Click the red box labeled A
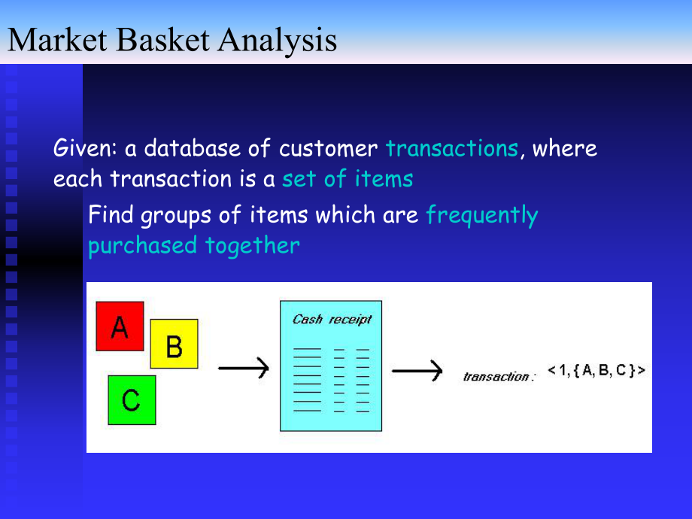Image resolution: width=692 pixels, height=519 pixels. [x=120, y=326]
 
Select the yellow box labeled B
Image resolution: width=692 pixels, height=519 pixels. [x=174, y=344]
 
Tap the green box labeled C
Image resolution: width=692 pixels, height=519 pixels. [x=132, y=400]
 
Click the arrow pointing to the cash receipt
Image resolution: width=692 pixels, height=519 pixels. [x=244, y=368]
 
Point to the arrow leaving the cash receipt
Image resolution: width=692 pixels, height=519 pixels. [x=417, y=371]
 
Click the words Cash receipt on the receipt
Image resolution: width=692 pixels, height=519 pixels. [x=332, y=319]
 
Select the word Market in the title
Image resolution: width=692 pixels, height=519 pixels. [x=57, y=40]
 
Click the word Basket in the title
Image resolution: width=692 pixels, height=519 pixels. [x=163, y=40]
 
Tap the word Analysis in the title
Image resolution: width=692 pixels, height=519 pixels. [x=277, y=41]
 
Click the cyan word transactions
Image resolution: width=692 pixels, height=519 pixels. [x=452, y=148]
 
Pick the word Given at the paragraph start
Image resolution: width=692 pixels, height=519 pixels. [x=83, y=147]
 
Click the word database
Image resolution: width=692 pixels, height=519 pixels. [x=193, y=147]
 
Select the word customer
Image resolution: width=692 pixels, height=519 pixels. [x=329, y=148]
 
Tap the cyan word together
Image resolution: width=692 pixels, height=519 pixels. [x=253, y=246]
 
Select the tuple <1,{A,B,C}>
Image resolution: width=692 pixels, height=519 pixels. [x=596, y=370]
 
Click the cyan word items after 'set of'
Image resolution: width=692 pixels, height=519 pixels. [x=384, y=179]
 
